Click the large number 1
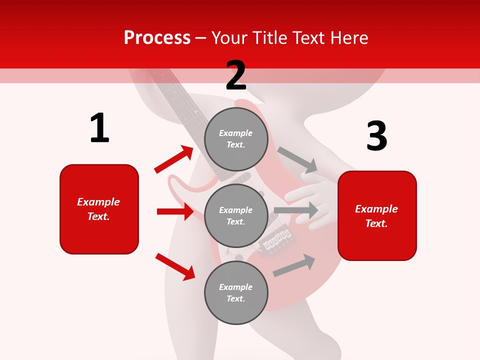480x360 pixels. point(99,128)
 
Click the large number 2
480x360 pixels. point(236,75)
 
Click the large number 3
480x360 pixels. point(376,136)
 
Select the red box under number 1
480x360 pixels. point(99,209)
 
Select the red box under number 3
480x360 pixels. point(377,216)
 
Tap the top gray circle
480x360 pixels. point(236,139)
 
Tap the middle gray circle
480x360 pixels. point(236,215)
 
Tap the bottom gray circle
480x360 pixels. point(236,292)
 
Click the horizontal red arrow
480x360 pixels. point(175,211)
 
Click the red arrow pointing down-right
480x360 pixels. point(175,266)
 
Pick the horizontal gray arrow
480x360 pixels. point(296,210)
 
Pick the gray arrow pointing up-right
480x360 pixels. point(294,265)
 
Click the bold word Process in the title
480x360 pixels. point(157,37)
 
